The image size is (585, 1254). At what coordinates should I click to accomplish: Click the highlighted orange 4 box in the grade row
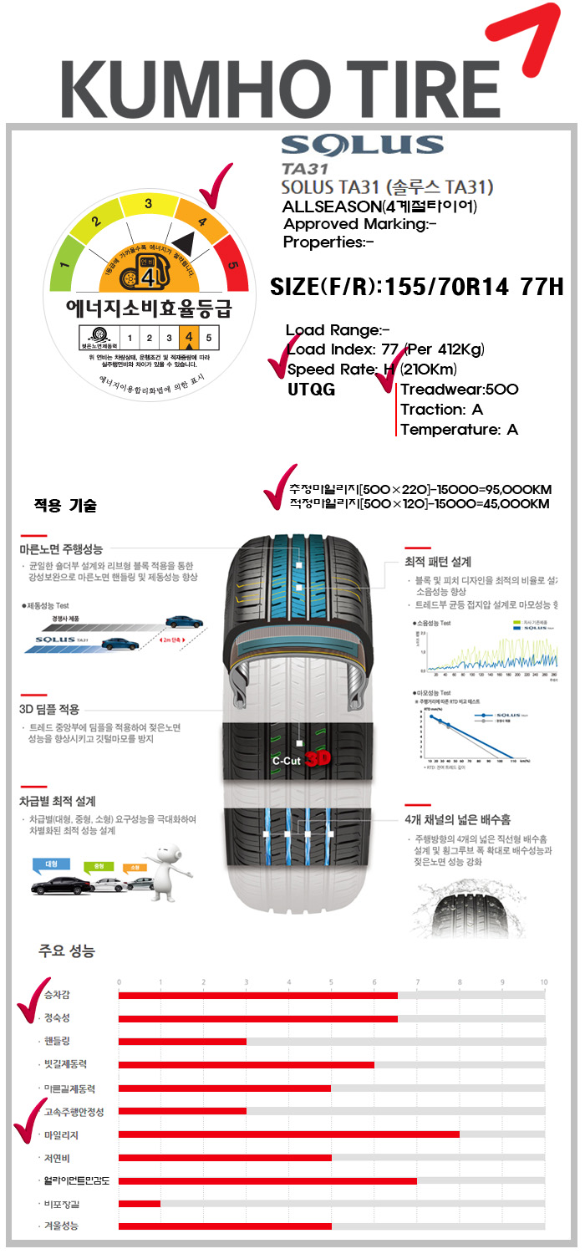[189, 338]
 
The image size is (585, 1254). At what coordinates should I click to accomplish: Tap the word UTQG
[311, 389]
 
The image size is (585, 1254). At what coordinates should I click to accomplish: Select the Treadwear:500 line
[459, 389]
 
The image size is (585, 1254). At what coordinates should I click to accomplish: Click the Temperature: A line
[459, 430]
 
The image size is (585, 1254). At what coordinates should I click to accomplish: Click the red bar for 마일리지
[288, 1134]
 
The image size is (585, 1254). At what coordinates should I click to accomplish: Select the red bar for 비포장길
[140, 1203]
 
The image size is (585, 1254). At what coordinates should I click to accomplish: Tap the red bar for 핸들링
[182, 1041]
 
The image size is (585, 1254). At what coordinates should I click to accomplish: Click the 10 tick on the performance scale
[544, 981]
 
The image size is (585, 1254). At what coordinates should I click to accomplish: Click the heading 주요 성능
[67, 951]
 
